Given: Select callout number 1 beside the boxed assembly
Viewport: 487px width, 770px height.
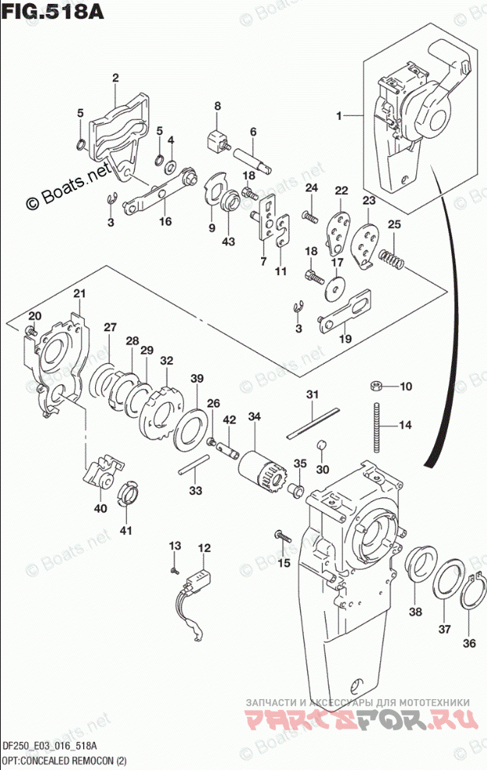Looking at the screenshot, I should click(x=340, y=116).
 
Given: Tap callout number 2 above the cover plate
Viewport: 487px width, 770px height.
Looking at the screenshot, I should click(x=115, y=77).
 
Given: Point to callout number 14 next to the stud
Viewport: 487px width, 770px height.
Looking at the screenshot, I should click(x=404, y=425).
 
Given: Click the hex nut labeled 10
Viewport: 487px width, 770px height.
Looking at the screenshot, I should click(x=375, y=385).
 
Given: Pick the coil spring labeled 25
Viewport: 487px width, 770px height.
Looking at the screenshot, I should click(x=390, y=258).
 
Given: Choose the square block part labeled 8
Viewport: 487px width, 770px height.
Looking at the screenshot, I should click(x=215, y=142).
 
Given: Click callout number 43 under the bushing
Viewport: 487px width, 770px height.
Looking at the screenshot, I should click(x=228, y=242).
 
